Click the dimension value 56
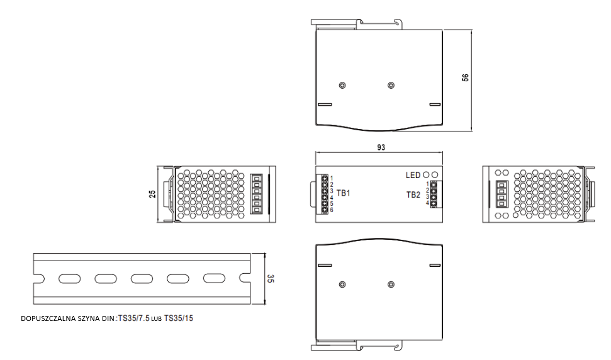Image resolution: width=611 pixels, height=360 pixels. tap(466, 78)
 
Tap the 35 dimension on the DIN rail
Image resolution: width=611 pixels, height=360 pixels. tap(271, 279)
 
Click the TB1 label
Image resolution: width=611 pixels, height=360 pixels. tap(344, 193)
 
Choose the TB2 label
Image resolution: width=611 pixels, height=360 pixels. tap(413, 194)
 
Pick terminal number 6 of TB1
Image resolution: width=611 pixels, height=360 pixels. tap(331, 210)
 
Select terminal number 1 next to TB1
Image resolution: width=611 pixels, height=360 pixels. tap(331, 179)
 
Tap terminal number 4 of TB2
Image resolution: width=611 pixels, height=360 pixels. tap(427, 203)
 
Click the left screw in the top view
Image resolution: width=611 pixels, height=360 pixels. tap(342, 85)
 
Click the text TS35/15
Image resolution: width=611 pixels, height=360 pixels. tap(179, 318)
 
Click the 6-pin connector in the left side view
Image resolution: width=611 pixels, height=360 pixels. tap(257, 194)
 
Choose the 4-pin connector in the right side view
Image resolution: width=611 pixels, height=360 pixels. tap(502, 194)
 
